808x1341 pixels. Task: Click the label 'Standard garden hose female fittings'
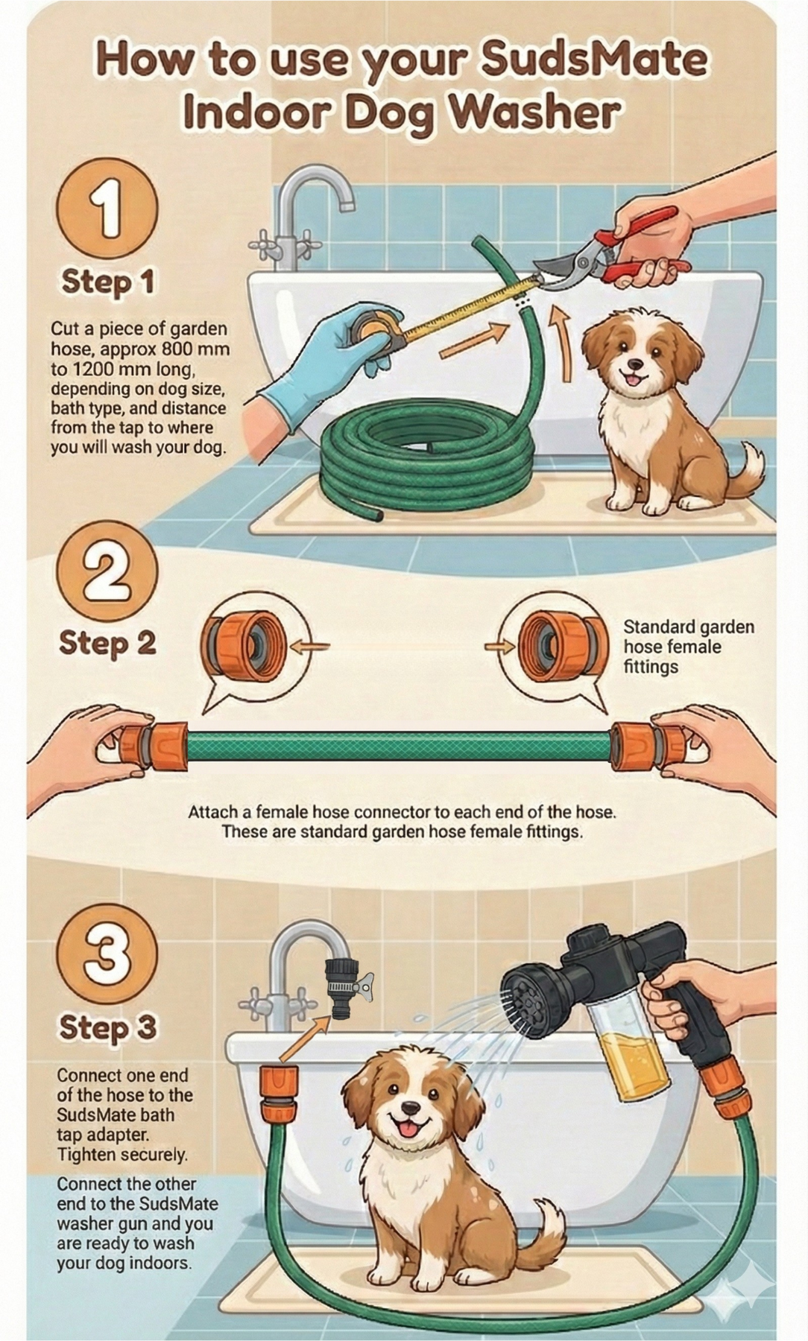(687, 647)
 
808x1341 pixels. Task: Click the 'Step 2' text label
(107, 644)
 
